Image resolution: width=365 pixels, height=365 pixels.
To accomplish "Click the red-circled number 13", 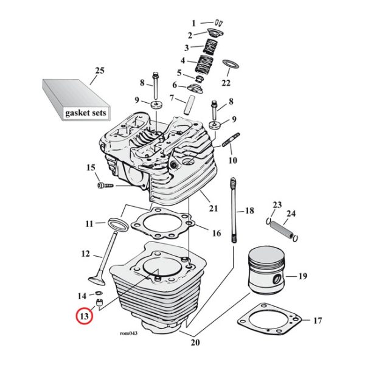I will (83, 316).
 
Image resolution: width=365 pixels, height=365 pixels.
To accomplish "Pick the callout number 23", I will (277, 204).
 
